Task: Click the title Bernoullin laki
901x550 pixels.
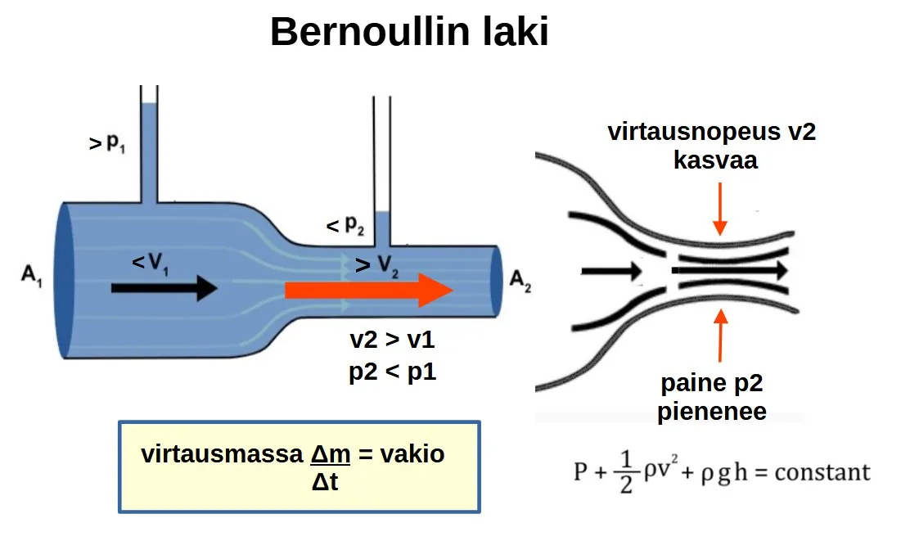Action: [x=409, y=32]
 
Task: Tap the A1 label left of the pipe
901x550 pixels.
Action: [x=32, y=275]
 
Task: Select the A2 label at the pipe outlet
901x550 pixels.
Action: [x=520, y=281]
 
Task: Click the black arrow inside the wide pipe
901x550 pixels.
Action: [x=164, y=288]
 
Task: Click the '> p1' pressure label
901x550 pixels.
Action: [x=107, y=142]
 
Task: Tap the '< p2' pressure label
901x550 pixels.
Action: [x=345, y=225]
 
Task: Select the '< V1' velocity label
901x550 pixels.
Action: [x=150, y=264]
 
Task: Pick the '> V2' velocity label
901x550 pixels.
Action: [x=376, y=265]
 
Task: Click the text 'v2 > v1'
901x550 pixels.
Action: [x=392, y=340]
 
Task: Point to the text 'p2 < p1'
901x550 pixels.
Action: [x=393, y=372]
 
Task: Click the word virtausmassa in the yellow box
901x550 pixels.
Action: [x=222, y=454]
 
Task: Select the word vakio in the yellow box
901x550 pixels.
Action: [x=412, y=454]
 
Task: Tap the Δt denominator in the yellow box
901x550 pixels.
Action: [x=325, y=481]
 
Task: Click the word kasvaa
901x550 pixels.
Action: [x=715, y=160]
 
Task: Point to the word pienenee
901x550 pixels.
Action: [x=711, y=412]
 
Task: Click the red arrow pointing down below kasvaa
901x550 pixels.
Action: [x=720, y=210]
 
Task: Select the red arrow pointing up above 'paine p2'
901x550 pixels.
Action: [x=721, y=335]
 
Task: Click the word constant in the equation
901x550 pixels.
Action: [x=822, y=472]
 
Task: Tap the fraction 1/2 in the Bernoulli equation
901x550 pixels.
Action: [x=626, y=472]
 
